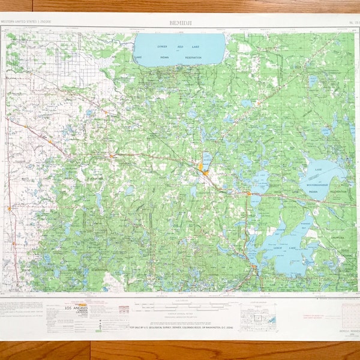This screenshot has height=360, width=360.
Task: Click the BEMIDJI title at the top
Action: (180, 22)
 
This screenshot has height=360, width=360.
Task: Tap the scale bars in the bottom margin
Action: (180, 307)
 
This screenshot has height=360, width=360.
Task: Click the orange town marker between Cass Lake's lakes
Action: (248, 194)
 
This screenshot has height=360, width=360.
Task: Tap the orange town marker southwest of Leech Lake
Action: (254, 267)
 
